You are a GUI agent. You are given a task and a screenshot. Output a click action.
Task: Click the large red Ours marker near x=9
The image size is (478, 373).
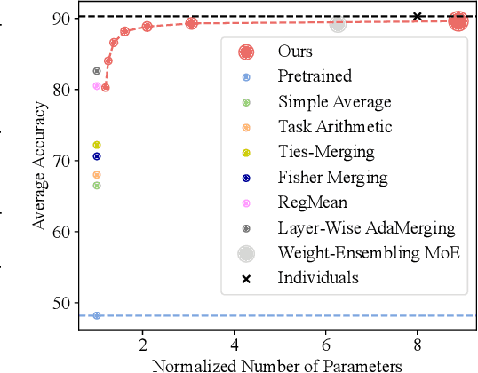[458, 21]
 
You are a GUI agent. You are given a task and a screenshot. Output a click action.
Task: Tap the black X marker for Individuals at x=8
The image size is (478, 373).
[417, 16]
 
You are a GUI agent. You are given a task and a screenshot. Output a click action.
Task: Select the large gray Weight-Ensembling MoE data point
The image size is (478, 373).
[338, 25]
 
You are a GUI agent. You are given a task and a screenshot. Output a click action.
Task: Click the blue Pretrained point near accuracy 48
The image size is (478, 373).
[97, 315]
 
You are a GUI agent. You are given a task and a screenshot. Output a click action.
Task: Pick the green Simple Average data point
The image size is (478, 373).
[97, 185]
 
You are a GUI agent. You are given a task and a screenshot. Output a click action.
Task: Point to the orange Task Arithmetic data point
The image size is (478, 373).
[97, 174]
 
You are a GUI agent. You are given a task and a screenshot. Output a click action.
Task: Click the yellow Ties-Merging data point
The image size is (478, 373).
[97, 145]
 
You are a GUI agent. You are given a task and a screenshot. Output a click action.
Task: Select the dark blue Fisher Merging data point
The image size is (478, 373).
[97, 156]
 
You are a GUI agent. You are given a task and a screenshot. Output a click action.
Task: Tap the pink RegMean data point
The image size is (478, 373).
[97, 86]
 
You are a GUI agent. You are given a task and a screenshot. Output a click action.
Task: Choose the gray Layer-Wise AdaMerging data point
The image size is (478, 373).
[97, 71]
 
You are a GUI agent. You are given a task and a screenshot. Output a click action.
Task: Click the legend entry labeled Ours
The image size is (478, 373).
[294, 52]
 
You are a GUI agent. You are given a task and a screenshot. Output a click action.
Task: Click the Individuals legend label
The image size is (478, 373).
[318, 278]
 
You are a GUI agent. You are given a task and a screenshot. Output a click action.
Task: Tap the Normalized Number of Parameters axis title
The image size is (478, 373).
[278, 364]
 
